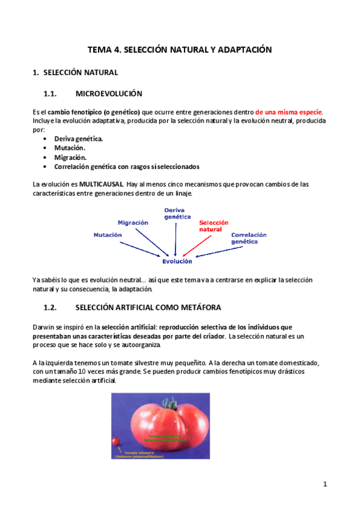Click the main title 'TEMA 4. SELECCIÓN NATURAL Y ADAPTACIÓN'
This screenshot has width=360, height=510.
pyautogui.click(x=180, y=50)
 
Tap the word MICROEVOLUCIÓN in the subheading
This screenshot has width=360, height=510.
pyautogui.click(x=109, y=94)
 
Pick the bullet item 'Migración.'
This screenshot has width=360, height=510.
pyautogui.click(x=70, y=157)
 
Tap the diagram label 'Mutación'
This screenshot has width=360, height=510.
pyautogui.click(x=108, y=235)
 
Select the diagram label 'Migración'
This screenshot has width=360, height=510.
pyautogui.click(x=133, y=223)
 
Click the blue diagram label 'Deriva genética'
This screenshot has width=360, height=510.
pyautogui.click(x=177, y=214)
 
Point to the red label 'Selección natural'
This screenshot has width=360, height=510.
pyautogui.click(x=213, y=226)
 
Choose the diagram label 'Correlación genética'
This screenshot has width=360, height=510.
pyautogui.click(x=249, y=238)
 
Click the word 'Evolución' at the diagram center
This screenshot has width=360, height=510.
pyautogui.click(x=177, y=261)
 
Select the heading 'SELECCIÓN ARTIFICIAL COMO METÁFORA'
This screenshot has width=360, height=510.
pyautogui.click(x=148, y=307)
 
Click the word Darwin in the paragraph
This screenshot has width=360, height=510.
pyautogui.click(x=42, y=327)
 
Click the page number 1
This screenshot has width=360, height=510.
pyautogui.click(x=325, y=484)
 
